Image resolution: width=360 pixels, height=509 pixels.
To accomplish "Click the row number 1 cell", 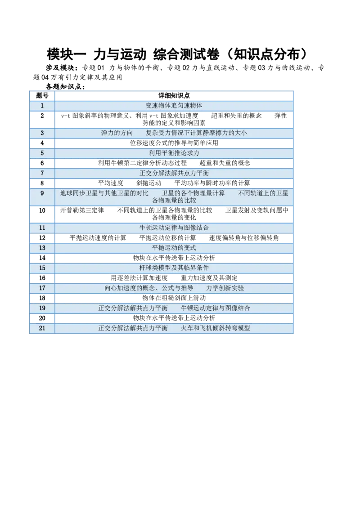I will [42, 106].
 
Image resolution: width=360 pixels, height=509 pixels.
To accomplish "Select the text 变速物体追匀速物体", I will [174, 106].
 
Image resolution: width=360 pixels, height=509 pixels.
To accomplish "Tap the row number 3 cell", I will [42, 133].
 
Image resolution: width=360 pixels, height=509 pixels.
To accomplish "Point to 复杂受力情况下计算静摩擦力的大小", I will [196, 133].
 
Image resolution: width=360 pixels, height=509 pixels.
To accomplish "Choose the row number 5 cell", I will [42, 153].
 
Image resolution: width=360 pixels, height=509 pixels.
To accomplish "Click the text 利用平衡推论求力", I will [174, 153].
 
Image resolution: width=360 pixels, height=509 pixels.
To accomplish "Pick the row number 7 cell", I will [42, 173].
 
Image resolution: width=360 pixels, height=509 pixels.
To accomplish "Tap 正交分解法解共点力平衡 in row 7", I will [174, 173].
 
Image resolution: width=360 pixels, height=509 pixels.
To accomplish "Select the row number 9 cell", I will [42, 193].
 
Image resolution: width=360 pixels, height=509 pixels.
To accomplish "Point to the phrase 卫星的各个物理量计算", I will [193, 193].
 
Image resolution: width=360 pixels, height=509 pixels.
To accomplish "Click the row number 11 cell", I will [42, 228].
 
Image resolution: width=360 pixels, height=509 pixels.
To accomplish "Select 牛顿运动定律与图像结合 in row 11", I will [174, 228].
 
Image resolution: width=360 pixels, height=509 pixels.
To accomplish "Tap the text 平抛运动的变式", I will [174, 248].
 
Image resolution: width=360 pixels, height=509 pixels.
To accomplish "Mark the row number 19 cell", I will [42, 308].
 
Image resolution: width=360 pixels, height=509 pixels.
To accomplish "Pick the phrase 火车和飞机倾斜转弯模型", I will [215, 328].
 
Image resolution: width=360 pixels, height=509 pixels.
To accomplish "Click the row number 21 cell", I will [42, 328].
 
